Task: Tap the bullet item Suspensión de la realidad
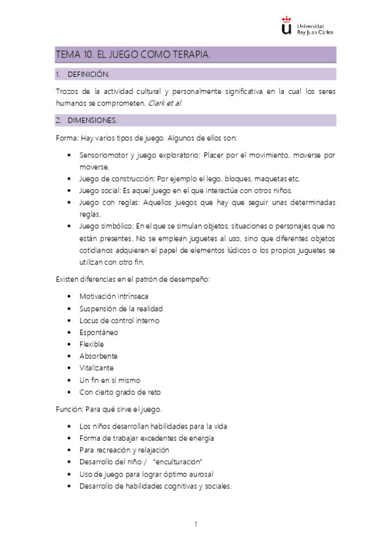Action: (121, 308)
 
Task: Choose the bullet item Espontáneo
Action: (99, 332)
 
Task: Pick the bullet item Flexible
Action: (92, 344)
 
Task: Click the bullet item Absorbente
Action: (98, 356)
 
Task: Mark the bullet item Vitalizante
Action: (97, 368)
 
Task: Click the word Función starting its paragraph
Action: (69, 410)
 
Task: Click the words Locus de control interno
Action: (119, 320)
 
